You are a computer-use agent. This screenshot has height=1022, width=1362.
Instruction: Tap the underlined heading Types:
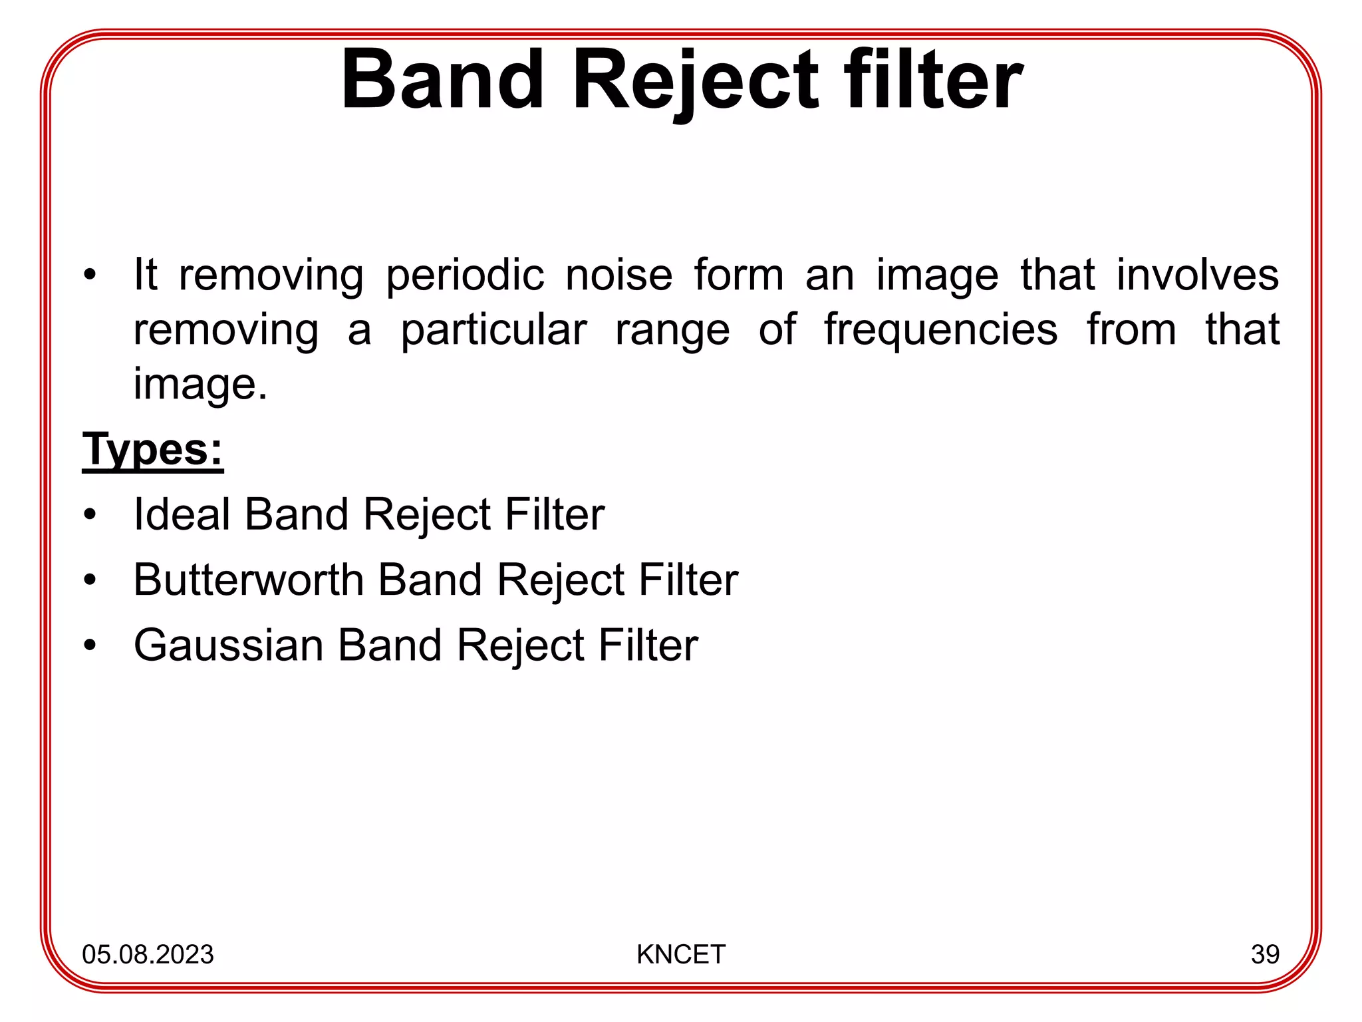152,450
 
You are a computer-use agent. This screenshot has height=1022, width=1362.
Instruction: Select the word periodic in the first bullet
465,275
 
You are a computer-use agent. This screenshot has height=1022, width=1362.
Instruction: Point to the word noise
618,275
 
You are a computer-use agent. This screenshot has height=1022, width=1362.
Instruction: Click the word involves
1197,275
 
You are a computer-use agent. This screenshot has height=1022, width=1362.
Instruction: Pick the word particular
493,330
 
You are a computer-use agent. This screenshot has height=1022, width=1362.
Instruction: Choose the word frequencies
940,330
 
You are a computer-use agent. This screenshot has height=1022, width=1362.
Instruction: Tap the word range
672,331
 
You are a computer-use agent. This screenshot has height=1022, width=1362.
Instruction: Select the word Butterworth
248,580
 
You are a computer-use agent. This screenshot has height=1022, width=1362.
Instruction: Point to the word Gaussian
228,645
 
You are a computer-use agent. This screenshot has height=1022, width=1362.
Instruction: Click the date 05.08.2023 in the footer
148,954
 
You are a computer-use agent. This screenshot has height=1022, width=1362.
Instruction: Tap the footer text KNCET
680,954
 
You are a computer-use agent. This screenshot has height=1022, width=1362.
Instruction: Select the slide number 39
1265,954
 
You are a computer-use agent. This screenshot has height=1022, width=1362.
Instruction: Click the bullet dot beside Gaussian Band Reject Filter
90,645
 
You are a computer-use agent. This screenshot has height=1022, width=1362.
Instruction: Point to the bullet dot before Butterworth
90,580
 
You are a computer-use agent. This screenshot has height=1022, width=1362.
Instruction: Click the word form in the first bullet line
739,275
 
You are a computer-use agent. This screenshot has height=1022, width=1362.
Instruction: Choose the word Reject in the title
694,81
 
